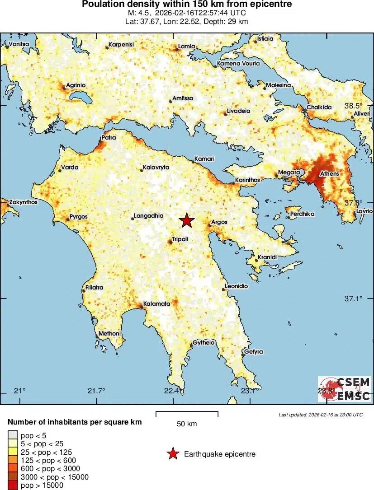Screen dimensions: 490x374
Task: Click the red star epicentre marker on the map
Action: [186, 220]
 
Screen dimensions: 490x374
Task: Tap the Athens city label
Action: [329, 173]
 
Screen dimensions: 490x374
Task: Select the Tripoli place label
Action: [180, 239]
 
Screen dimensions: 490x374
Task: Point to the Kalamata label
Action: [156, 304]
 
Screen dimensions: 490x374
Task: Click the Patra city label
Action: [109, 138]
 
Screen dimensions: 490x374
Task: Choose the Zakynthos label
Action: [24, 202]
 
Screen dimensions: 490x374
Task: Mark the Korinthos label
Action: [247, 180]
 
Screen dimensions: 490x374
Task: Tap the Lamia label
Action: [187, 47]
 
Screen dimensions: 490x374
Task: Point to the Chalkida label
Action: [319, 107]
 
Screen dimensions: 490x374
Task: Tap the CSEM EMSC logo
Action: [345, 389]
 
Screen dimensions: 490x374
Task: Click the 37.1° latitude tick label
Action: [354, 299]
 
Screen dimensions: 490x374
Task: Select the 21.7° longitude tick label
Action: [96, 391]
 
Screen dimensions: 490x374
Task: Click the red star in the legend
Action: [173, 454]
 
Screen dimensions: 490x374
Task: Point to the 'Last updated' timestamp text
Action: [321, 415]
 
